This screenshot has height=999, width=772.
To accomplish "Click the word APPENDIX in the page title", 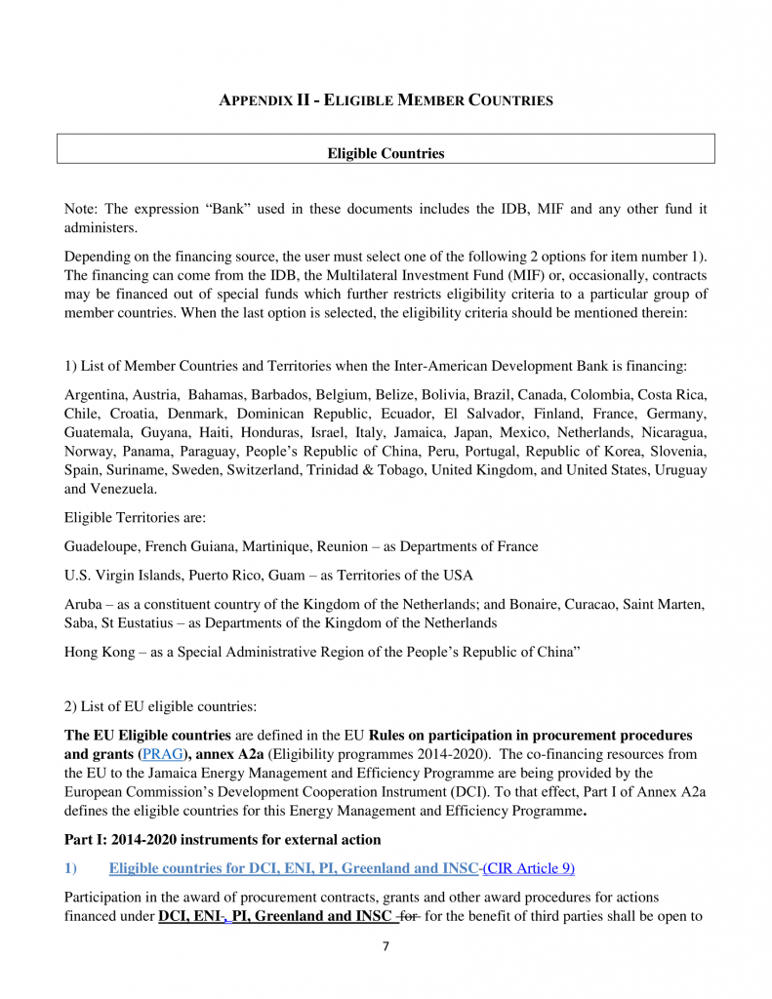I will click(255, 100).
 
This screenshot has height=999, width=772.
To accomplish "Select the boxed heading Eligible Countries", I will click(386, 153).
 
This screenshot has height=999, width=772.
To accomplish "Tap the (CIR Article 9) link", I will click(529, 867).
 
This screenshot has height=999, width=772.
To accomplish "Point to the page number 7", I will click(386, 946).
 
